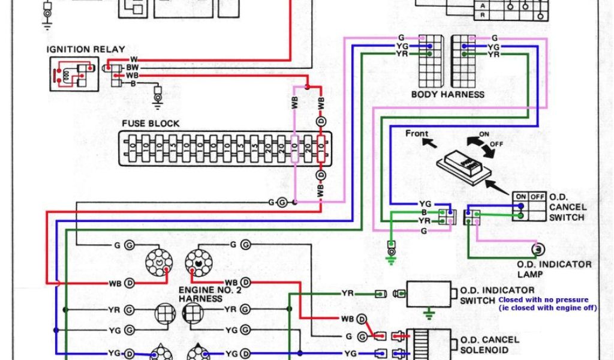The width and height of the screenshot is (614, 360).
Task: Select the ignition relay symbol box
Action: point(74,73)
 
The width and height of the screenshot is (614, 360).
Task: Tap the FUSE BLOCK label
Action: point(151,124)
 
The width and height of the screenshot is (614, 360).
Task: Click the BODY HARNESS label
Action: point(448,95)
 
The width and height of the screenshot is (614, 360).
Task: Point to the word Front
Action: point(417,133)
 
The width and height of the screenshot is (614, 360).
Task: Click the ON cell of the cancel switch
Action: point(520,196)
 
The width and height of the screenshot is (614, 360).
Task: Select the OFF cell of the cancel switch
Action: point(537,196)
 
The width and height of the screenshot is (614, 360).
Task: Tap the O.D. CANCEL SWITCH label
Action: point(567,207)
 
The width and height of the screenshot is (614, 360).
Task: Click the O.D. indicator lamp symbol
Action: point(538,248)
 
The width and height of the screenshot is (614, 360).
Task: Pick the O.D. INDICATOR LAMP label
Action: point(553,269)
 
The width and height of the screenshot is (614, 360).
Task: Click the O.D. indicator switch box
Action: point(429,294)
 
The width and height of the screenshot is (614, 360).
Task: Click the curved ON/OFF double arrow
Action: point(481,143)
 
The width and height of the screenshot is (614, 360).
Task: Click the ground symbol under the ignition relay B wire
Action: point(158,100)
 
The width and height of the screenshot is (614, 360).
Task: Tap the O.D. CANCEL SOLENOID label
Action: point(489,344)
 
